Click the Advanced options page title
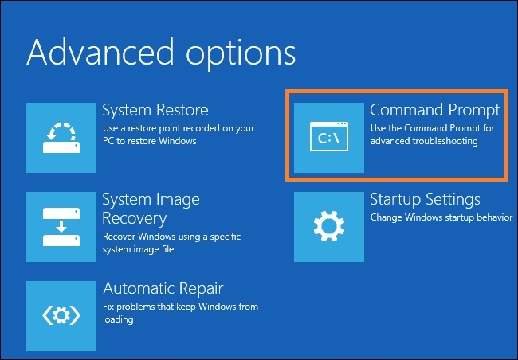(161, 53)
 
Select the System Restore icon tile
(61, 137)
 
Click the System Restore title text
(155, 110)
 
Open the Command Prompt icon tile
(329, 137)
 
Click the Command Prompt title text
(435, 110)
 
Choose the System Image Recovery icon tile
(61, 226)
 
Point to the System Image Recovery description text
(171, 243)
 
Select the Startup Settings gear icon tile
(329, 226)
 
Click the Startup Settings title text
(425, 199)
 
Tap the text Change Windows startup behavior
(437, 217)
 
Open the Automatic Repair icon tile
(61, 315)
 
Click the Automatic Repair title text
(163, 288)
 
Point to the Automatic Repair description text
(180, 313)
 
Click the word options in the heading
(240, 53)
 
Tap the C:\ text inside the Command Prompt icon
(329, 139)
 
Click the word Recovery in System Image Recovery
(134, 217)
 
